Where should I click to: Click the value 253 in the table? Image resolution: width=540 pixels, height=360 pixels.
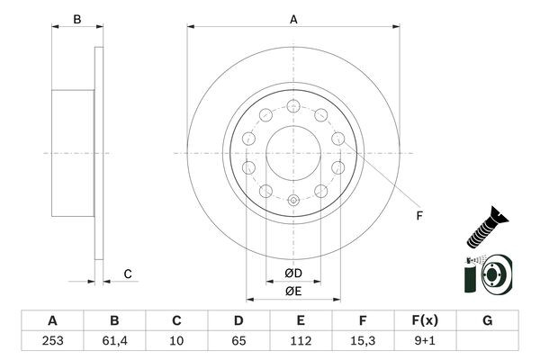tap(52, 342)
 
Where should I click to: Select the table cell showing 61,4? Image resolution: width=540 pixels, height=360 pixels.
tap(114, 342)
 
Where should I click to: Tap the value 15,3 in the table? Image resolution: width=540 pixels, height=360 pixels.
tap(362, 342)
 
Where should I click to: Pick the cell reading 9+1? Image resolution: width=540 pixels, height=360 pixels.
tap(424, 342)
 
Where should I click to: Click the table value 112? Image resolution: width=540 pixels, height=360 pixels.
tap(300, 342)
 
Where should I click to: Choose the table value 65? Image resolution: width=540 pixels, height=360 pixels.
tap(238, 342)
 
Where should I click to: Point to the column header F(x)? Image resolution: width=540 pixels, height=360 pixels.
tap(424, 321)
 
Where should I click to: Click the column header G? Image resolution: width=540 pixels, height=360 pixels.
tap(487, 321)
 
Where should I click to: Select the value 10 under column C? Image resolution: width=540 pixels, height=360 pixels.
tap(176, 342)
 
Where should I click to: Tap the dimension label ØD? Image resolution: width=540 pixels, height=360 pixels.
tap(292, 273)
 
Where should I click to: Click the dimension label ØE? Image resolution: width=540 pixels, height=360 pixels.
tap(292, 290)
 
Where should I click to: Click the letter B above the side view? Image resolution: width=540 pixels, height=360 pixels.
tap(76, 19)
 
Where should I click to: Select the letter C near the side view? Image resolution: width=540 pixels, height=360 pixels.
tap(127, 274)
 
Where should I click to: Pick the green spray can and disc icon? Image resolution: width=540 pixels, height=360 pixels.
tap(488, 274)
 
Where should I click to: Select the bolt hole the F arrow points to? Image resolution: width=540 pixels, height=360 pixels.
tap(337, 138)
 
